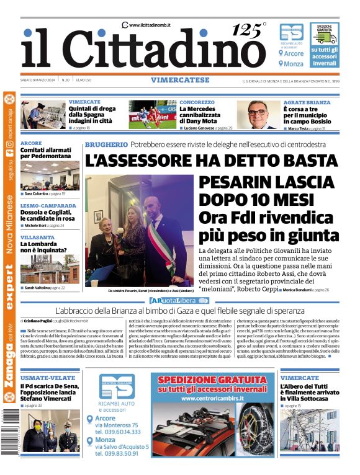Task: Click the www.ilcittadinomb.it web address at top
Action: (150, 25)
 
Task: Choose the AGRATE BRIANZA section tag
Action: (307, 102)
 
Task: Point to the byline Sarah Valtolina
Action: (38, 288)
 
